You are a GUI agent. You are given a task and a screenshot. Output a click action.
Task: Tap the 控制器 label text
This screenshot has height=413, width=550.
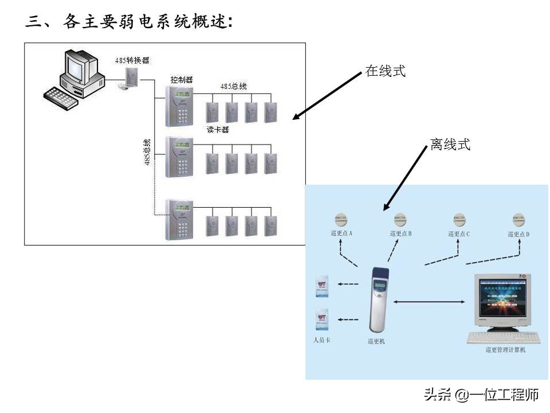(x=181, y=79)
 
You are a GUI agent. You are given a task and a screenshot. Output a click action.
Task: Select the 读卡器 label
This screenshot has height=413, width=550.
(x=218, y=130)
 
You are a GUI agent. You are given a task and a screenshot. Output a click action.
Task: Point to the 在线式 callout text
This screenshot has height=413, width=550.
(x=386, y=71)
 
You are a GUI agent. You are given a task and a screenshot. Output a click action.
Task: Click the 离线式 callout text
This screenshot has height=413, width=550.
(x=450, y=145)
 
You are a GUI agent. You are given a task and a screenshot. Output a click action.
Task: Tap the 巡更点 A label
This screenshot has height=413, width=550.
(x=342, y=233)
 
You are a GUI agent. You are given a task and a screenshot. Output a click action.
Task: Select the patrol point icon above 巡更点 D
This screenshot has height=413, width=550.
(x=518, y=220)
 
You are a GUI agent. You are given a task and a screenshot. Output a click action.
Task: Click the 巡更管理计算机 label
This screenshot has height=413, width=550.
(x=505, y=349)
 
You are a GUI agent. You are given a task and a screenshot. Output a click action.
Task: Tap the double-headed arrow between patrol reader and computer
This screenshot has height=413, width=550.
(x=430, y=302)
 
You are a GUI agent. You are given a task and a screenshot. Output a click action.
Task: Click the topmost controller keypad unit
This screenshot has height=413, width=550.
(x=179, y=106)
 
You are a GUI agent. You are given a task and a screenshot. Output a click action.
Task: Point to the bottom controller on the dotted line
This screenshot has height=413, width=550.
(x=179, y=220)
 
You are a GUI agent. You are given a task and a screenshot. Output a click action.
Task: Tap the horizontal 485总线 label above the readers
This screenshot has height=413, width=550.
(x=234, y=86)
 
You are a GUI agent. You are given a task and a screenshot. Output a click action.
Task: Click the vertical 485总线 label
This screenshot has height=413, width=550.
(x=147, y=152)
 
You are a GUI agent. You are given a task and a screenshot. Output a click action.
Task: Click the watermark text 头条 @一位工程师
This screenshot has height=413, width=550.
(x=481, y=395)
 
